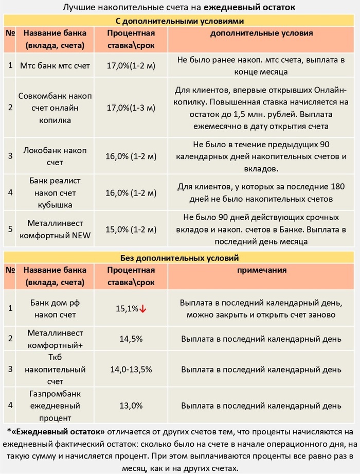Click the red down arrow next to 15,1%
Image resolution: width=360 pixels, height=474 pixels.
tap(143, 309)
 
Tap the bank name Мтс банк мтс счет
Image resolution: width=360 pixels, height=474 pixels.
tap(55, 66)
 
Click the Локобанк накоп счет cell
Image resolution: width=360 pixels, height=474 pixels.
tap(55, 156)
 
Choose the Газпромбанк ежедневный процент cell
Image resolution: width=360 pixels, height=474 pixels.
tap(55, 406)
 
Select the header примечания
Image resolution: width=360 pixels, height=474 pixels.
tap(262, 270)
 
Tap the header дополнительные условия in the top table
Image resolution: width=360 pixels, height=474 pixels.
tap(262, 33)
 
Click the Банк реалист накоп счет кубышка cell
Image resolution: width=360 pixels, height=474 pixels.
tap(55, 192)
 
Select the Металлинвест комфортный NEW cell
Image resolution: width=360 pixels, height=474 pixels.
tap(55, 229)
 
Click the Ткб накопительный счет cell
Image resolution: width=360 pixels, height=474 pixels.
tap(55, 369)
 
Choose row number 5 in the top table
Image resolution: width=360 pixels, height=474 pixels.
tap(10, 229)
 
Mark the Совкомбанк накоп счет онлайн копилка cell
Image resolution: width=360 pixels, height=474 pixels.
tap(55, 108)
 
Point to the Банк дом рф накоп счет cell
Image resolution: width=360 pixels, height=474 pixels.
tap(55, 309)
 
